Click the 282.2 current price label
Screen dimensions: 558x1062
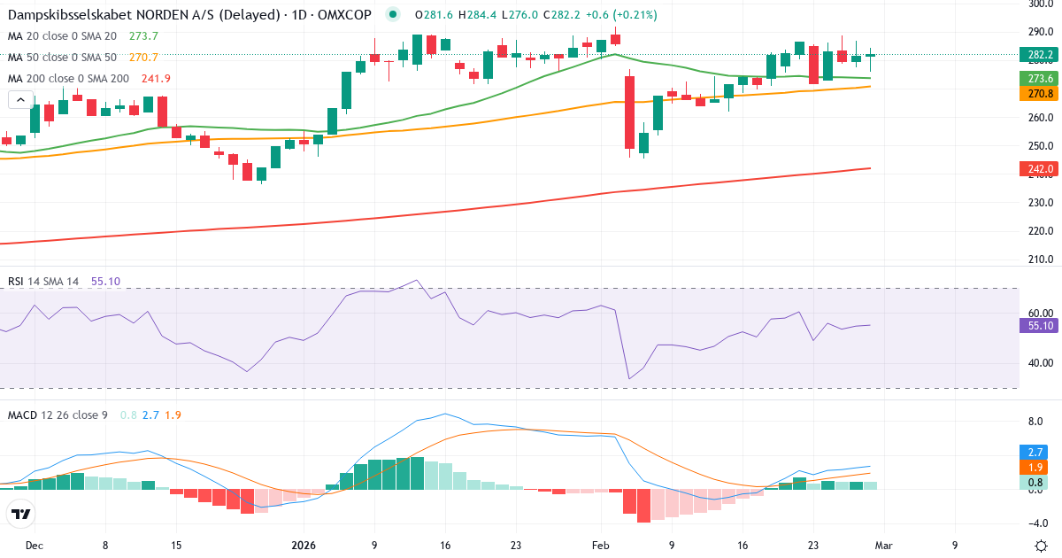click(1040, 55)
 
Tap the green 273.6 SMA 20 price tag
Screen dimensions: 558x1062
click(1040, 79)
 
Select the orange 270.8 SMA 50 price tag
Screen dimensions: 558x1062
click(1040, 93)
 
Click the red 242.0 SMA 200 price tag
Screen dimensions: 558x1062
click(1040, 168)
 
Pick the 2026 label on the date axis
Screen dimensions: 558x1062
click(304, 546)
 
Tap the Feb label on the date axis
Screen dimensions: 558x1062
click(601, 546)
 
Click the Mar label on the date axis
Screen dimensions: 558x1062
click(884, 546)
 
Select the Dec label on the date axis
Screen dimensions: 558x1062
click(35, 546)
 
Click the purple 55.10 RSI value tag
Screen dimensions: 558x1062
click(1040, 326)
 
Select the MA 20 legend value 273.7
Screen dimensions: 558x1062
click(143, 36)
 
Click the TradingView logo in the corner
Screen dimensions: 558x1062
click(21, 514)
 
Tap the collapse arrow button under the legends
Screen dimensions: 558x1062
click(21, 100)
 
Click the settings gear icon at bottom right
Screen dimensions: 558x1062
click(1041, 546)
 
